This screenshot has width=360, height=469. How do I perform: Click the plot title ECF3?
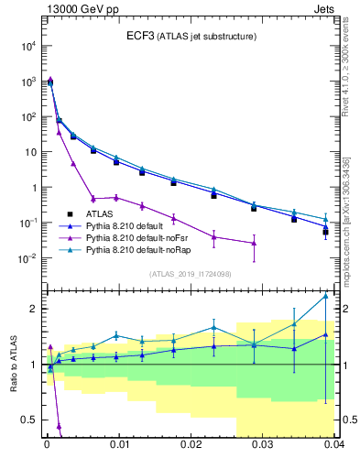139,37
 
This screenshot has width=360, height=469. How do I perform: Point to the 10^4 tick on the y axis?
27,46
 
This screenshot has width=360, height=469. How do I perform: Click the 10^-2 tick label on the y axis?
27,258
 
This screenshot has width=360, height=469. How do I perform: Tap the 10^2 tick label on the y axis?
27,116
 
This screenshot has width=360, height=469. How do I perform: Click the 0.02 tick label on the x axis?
190,444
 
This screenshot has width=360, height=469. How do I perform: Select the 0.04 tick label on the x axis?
332,444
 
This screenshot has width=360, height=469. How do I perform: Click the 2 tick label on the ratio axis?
32,309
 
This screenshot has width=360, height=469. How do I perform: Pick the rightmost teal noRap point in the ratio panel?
325,296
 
